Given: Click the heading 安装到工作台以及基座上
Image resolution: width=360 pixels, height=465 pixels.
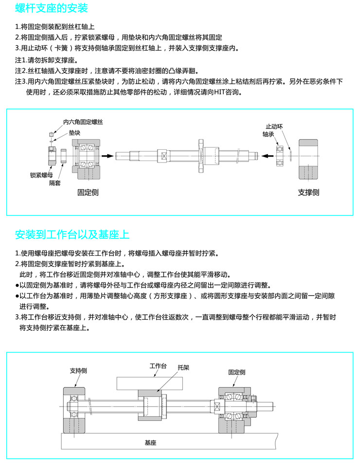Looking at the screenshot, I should (x=72, y=234).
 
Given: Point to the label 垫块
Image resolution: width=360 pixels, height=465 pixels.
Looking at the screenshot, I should (x=74, y=132).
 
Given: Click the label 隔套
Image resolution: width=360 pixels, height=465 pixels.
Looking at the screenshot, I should (x=55, y=183).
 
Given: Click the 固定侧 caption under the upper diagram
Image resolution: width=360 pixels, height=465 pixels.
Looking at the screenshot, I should (x=88, y=192).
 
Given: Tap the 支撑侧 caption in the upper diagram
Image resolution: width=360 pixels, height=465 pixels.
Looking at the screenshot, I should (x=308, y=192).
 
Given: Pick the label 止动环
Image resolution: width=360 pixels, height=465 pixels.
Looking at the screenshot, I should (x=274, y=125).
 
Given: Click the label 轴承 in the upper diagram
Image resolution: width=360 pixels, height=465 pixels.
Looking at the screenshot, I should (x=269, y=134).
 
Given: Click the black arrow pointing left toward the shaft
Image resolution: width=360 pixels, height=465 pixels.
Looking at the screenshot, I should (x=267, y=156).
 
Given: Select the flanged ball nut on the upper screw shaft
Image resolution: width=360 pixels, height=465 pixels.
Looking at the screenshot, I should (x=202, y=156).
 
